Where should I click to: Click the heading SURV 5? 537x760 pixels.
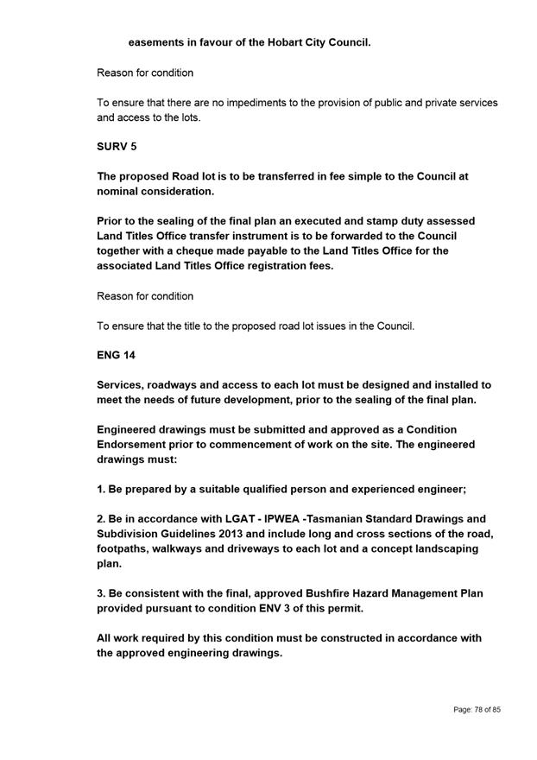pyautogui.click(x=117, y=147)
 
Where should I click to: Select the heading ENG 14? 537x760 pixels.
pyautogui.click(x=116, y=355)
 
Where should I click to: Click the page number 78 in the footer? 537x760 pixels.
pyautogui.click(x=478, y=710)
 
